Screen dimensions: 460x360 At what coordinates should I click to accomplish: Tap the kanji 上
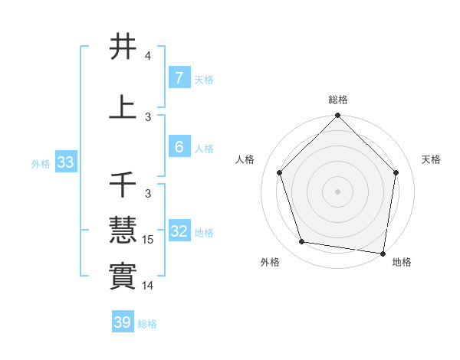click(x=123, y=107)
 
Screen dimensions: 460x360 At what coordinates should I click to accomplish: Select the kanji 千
click(x=123, y=184)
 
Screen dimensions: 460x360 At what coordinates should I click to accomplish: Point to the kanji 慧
click(x=123, y=229)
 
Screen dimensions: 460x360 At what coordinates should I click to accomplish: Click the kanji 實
click(x=123, y=275)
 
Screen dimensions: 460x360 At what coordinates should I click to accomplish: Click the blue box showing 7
click(x=179, y=78)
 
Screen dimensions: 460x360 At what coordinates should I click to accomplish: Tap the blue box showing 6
click(x=179, y=147)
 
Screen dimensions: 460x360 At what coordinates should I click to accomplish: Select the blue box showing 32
click(x=179, y=231)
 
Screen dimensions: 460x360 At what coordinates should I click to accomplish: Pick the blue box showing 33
click(x=64, y=162)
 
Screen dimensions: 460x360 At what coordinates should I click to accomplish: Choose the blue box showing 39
click(x=122, y=322)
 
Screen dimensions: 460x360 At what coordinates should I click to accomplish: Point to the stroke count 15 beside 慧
click(x=148, y=240)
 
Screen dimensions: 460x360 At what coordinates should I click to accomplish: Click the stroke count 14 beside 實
click(x=148, y=286)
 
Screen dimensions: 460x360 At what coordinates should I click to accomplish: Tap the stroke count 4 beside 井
click(x=148, y=56)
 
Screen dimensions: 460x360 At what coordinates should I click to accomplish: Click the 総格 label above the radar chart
click(x=337, y=100)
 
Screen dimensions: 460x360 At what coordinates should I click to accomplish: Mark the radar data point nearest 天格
click(x=396, y=172)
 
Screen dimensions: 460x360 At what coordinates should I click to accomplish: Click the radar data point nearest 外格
click(x=302, y=242)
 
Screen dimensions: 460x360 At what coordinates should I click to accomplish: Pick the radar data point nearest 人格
click(x=279, y=172)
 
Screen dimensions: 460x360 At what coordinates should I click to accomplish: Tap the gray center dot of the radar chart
click(x=337, y=191)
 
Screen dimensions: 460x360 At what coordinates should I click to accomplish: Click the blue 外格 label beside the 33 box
click(x=41, y=163)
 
